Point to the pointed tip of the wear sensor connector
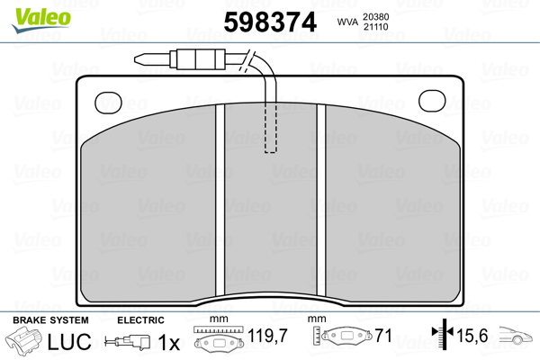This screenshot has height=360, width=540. coord(137,61)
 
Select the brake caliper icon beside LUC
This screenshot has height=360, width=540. coord(27,342)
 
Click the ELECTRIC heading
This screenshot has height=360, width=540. coord(140,320)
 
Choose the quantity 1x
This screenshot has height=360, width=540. coord(168,342)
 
